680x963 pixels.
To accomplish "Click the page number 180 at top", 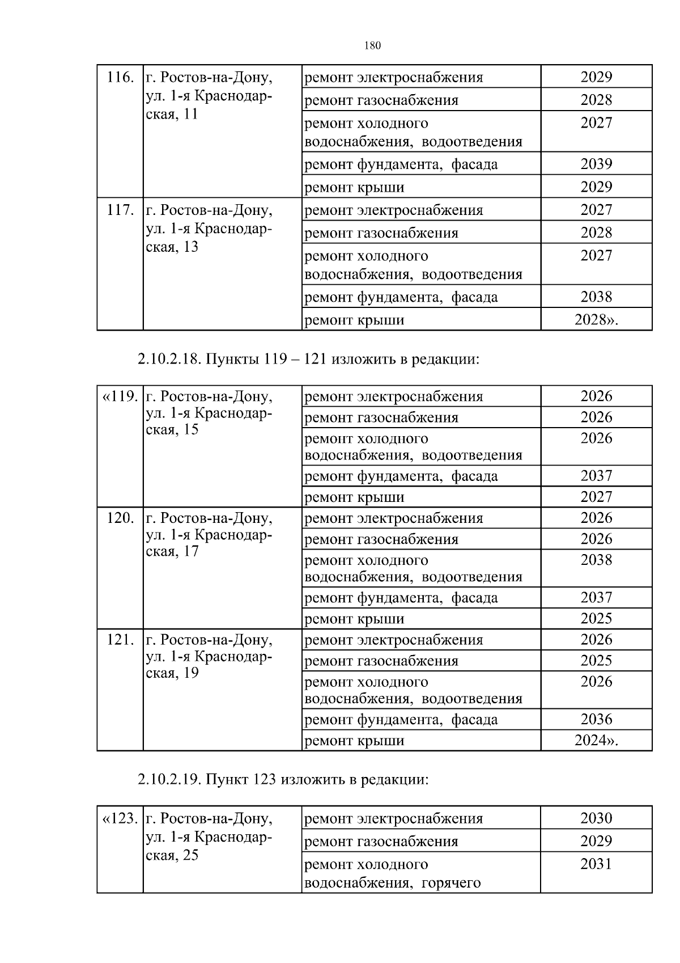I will pos(372,46).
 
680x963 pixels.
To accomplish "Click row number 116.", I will pos(120,77).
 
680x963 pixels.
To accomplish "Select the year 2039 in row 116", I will pos(596,164).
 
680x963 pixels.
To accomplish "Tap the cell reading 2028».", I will pos(596,320).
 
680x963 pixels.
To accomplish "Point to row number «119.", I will pos(120,396).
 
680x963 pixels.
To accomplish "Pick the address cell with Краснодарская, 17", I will pos(210,534).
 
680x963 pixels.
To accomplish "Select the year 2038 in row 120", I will pos(596,560).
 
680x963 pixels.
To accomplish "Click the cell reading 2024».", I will pos(596,741).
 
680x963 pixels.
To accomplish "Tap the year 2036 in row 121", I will pos(596,720).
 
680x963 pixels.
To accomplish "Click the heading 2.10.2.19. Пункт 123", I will pos(283,779).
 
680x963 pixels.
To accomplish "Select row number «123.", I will pos(120,818).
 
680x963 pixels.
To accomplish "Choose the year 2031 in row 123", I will pos(596,864).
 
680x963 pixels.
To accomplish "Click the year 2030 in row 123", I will pos(596,818).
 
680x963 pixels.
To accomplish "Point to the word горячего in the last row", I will pos(451,882).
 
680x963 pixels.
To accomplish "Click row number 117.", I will pos(120,210).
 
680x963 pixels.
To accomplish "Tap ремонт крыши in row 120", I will pos(355,619).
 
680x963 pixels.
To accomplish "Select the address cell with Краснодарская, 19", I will pos(210,656).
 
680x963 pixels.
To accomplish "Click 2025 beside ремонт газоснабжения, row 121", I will pos(596,661).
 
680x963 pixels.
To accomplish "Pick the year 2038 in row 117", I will pos(596,297).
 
